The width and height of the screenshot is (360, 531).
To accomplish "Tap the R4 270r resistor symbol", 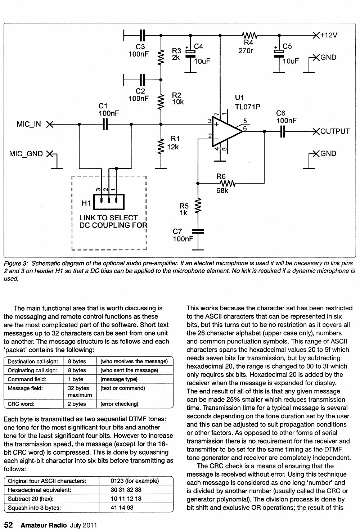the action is click(250, 36).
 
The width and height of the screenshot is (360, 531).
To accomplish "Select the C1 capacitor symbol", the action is click(105, 124).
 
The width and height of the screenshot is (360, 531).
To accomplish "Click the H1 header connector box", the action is click(109, 202).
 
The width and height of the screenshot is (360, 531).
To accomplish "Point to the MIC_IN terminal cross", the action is click(50, 124).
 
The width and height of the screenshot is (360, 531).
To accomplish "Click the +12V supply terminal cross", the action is click(316, 36).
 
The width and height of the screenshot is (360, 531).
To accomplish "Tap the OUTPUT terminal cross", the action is click(316, 131).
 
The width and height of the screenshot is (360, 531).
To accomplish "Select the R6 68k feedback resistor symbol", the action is click(228, 183).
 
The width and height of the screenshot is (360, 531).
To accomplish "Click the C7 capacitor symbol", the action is click(198, 231).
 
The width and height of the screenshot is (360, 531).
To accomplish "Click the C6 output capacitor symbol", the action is click(282, 131).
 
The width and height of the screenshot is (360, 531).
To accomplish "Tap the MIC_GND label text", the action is click(26, 154).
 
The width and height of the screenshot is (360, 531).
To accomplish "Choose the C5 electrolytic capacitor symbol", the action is click(279, 54).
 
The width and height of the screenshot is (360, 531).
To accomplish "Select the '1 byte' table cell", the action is click(76, 379).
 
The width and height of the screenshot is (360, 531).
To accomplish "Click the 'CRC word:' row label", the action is click(21, 404).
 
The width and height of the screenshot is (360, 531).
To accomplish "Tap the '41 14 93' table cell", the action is click(122, 507).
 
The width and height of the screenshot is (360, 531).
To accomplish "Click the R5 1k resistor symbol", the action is click(198, 206).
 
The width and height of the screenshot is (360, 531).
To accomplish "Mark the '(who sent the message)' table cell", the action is click(129, 370).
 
